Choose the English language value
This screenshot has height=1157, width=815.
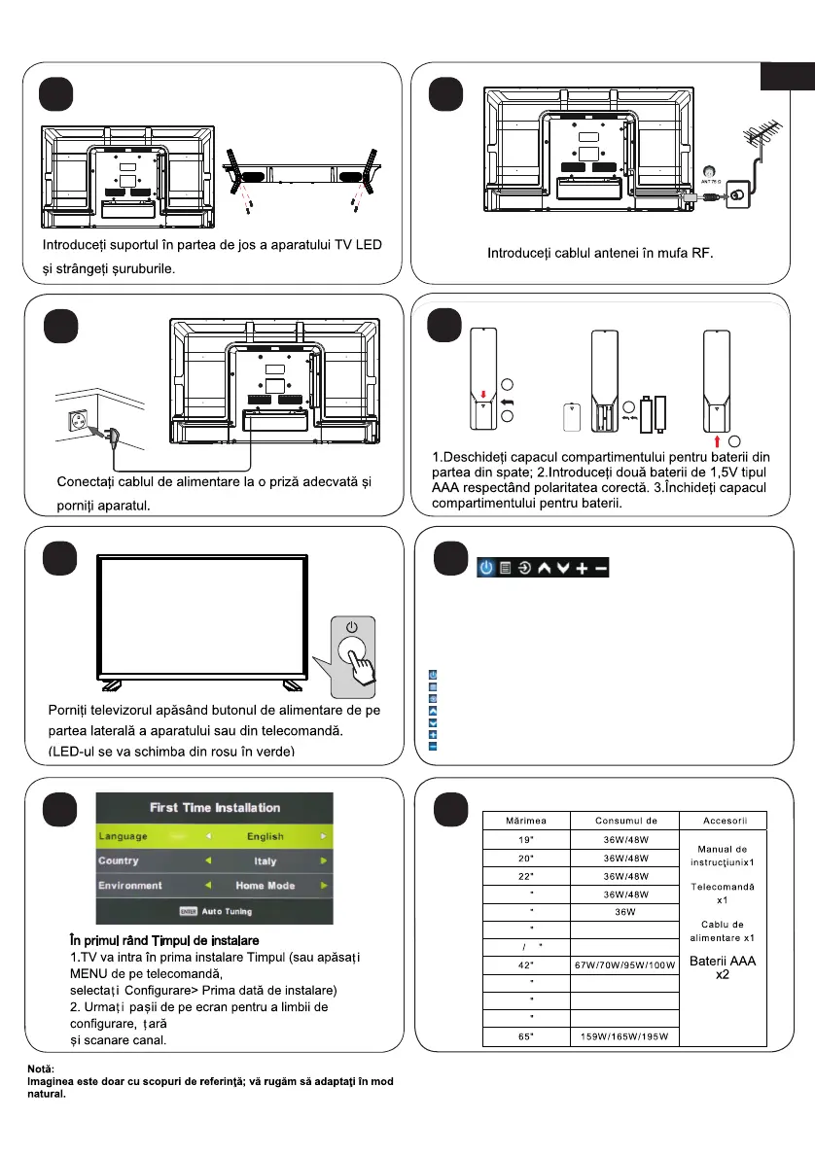coord(265,836)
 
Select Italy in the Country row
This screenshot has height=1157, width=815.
coord(265,860)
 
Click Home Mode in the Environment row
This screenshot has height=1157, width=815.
coord(265,886)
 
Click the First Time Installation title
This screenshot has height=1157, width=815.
coord(215,808)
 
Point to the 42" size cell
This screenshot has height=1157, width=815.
coord(526,964)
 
